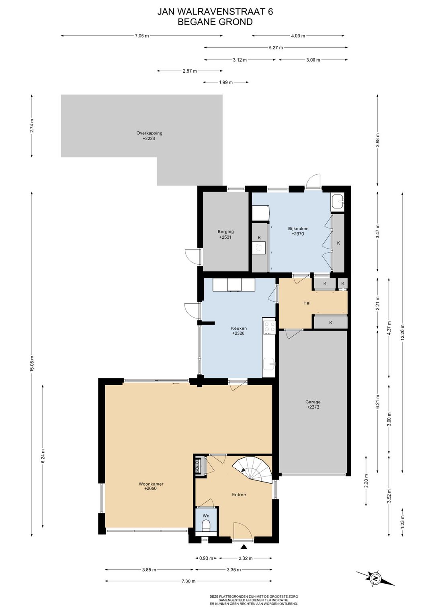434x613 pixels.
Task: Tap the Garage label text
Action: pyautogui.click(x=313, y=402)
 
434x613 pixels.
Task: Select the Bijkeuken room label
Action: pyautogui.click(x=298, y=229)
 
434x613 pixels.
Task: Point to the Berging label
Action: pyautogui.click(x=225, y=232)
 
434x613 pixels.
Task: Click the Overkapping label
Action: pyautogui.click(x=149, y=133)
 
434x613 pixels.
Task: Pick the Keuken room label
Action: pyautogui.click(x=239, y=328)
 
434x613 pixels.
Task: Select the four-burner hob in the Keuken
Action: pyautogui.click(x=269, y=327)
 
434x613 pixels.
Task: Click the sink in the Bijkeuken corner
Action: pyautogui.click(x=337, y=202)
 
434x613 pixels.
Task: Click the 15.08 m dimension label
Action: pyautogui.click(x=32, y=364)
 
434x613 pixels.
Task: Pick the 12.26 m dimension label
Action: pyautogui.click(x=402, y=332)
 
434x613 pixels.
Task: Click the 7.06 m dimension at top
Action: pyautogui.click(x=142, y=36)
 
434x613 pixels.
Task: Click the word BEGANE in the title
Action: pyautogui.click(x=195, y=22)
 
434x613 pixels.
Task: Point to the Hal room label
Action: pyautogui.click(x=307, y=303)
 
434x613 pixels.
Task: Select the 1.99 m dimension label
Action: pyautogui.click(x=226, y=82)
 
